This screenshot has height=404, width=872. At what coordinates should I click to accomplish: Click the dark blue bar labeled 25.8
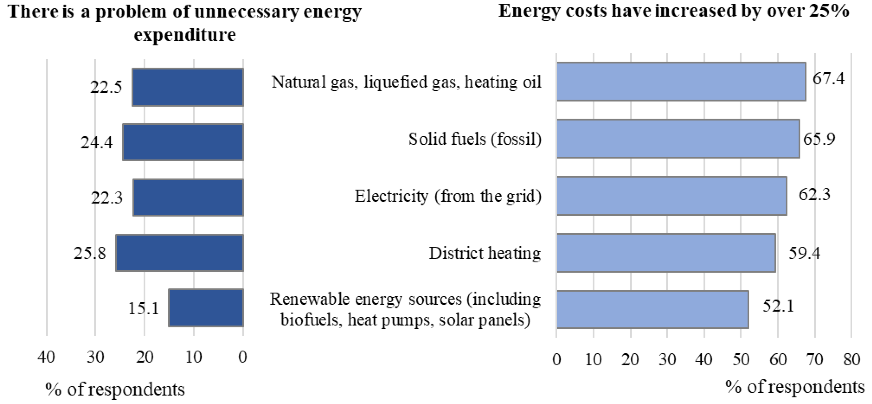pyautogui.click(x=180, y=253)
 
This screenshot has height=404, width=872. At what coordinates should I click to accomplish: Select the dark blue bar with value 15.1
pyautogui.click(x=206, y=308)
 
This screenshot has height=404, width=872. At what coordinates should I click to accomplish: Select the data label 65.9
pyautogui.click(x=819, y=139)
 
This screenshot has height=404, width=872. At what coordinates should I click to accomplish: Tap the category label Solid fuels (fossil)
pyautogui.click(x=475, y=139)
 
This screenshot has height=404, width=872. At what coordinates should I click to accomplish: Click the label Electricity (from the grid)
pyautogui.click(x=448, y=196)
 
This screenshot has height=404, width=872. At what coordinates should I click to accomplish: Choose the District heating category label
pyautogui.click(x=485, y=253)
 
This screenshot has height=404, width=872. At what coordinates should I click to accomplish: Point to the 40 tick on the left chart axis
pyautogui.click(x=46, y=357)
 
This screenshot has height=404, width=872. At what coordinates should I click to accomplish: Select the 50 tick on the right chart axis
pyautogui.click(x=741, y=359)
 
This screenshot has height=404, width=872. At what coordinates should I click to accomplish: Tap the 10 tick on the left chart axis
pyautogui.click(x=194, y=357)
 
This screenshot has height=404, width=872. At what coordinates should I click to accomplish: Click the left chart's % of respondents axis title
pyautogui.click(x=115, y=390)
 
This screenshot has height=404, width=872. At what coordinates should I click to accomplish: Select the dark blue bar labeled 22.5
pyautogui.click(x=187, y=87)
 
